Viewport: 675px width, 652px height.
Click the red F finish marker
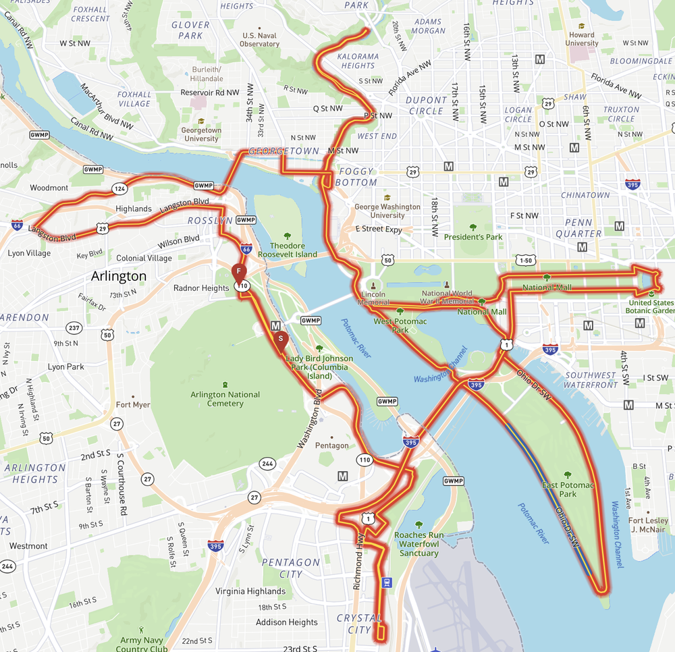(239, 272)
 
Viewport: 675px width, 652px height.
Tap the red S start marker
(280, 338)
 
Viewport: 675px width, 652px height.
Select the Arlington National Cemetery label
(225, 399)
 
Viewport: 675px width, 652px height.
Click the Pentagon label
(332, 445)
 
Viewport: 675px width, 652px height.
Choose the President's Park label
(473, 237)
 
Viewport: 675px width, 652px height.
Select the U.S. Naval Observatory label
(259, 40)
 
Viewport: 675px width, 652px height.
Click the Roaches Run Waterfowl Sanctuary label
(418, 543)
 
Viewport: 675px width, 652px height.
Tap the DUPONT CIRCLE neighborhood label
(425, 105)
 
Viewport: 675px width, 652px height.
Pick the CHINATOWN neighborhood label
(585, 195)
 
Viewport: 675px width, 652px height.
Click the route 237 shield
(74, 329)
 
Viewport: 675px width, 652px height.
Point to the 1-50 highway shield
(526, 260)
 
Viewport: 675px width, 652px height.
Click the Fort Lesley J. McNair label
(648, 524)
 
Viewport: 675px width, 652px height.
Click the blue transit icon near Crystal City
(387, 582)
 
